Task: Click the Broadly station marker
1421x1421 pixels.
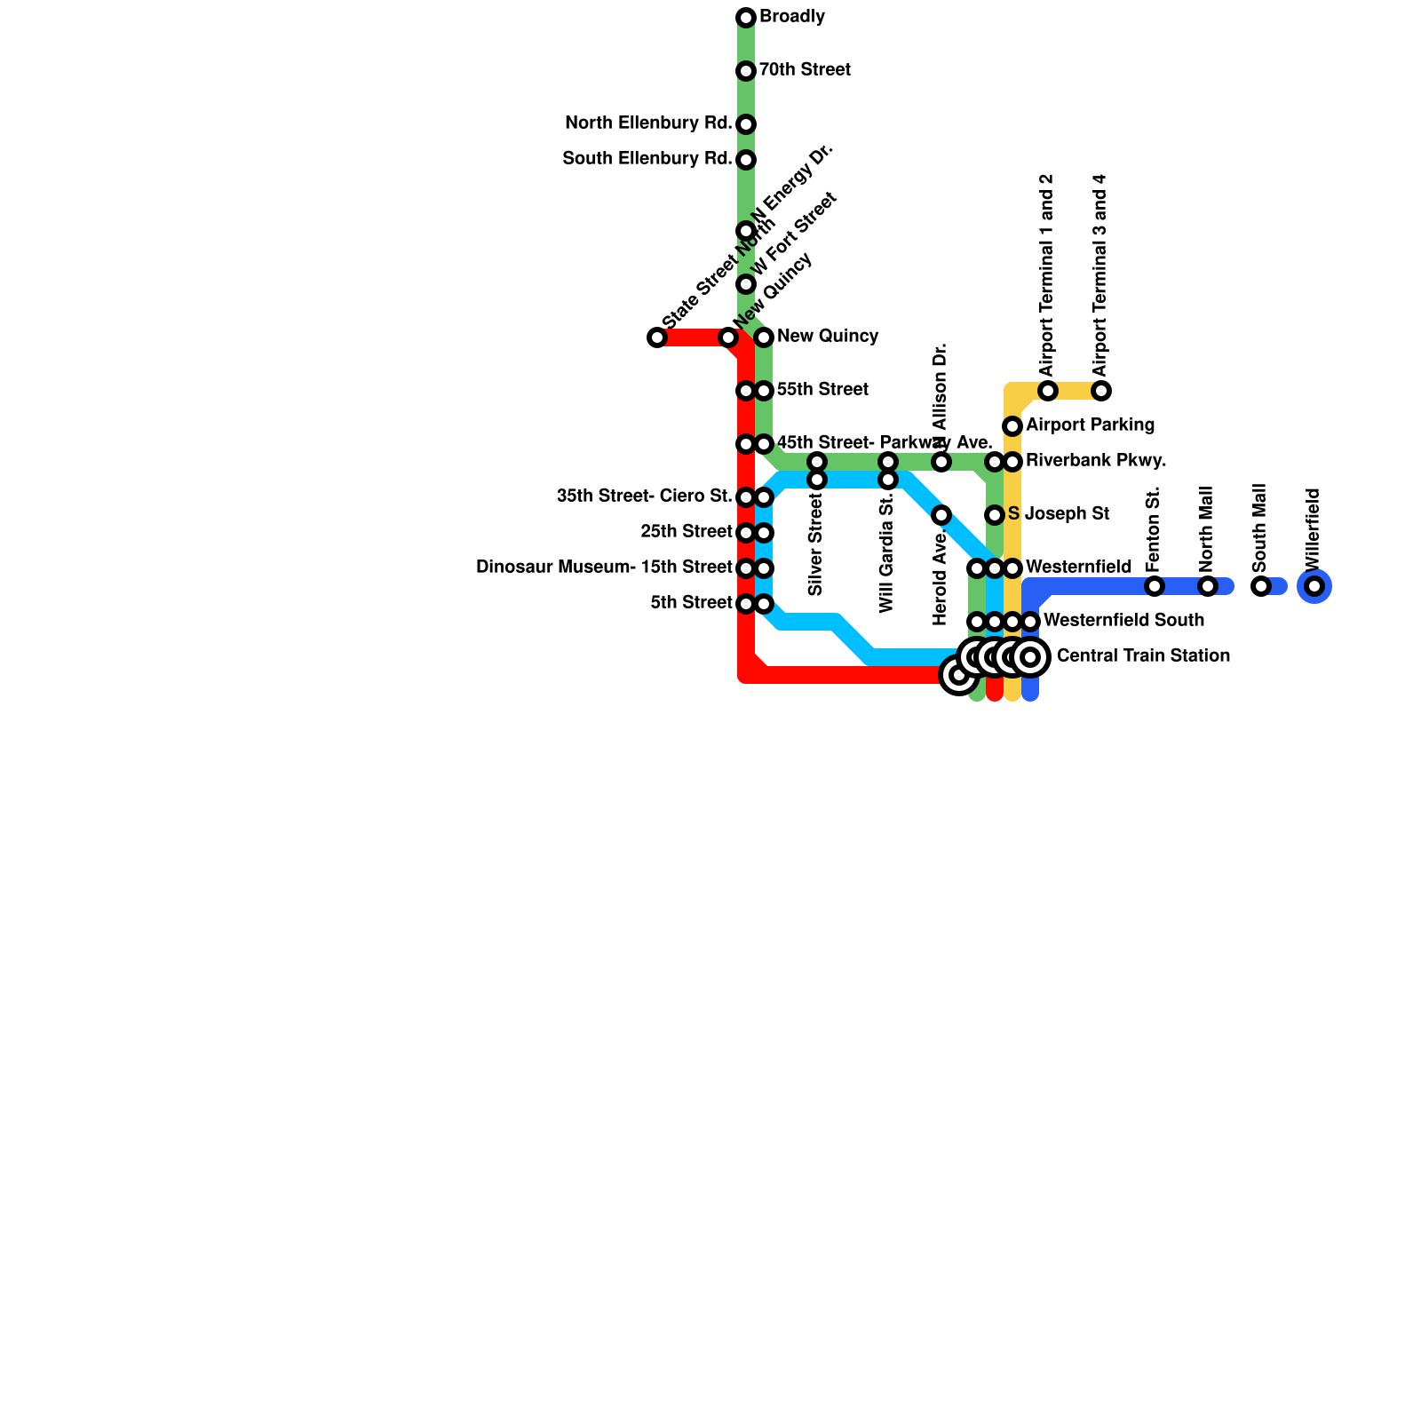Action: coord(746,18)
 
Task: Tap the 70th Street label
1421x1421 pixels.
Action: coord(805,70)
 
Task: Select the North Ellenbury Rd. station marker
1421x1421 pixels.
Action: coord(746,124)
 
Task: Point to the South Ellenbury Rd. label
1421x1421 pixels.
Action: coord(647,159)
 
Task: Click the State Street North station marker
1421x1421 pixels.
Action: coord(657,337)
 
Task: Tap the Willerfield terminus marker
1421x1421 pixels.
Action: coord(1314,586)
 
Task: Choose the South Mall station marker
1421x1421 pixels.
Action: coord(1261,586)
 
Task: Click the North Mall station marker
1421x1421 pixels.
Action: coord(1208,586)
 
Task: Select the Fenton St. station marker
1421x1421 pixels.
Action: coord(1155,586)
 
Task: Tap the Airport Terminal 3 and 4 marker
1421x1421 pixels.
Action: coord(1101,391)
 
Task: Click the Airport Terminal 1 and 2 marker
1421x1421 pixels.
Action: coord(1048,391)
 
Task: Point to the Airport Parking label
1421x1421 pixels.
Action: coord(1090,425)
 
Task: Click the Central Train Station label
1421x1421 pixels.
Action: coord(1143,656)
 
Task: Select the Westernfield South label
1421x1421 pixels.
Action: coord(1123,620)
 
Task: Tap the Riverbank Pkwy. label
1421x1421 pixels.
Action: coord(1096,461)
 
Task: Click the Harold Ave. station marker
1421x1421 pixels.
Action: coord(941,515)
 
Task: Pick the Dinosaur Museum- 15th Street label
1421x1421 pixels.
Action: coord(604,568)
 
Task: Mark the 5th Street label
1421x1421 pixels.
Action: coord(691,603)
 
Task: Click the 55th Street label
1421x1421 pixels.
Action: coord(822,390)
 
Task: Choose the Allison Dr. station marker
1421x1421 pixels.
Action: coord(941,462)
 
